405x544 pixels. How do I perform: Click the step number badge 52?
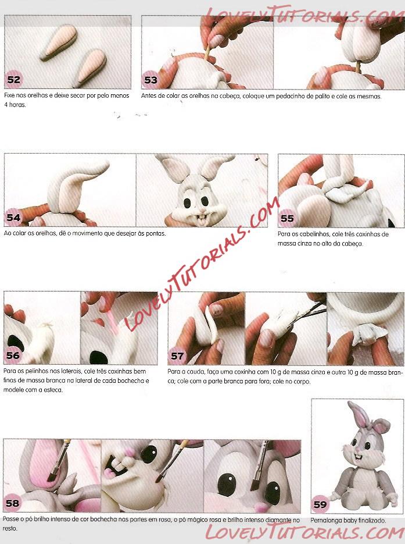tap(14, 80)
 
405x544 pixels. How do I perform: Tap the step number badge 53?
tap(150, 80)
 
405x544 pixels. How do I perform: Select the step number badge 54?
tap(13, 218)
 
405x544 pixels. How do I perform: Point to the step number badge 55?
tap(287, 218)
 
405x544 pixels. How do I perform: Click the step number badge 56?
tap(13, 355)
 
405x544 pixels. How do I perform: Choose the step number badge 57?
tap(177, 356)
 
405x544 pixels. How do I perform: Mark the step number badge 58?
tap(12, 503)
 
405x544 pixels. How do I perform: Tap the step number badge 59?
tap(320, 504)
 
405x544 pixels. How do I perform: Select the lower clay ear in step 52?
tap(89, 68)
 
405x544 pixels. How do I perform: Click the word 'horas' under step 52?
tap(17, 105)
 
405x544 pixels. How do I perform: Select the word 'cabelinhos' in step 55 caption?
tap(314, 234)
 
